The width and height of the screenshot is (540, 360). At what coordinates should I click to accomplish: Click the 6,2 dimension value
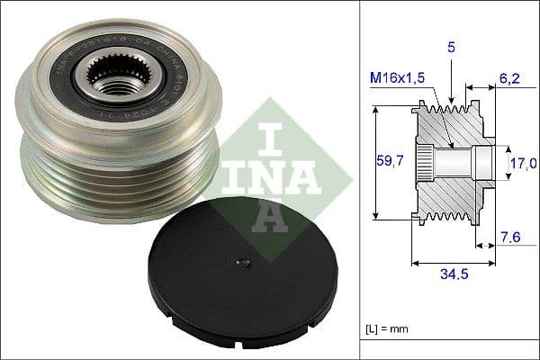pos(511,79)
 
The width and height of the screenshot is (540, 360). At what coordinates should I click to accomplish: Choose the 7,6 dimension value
pos(511,238)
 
